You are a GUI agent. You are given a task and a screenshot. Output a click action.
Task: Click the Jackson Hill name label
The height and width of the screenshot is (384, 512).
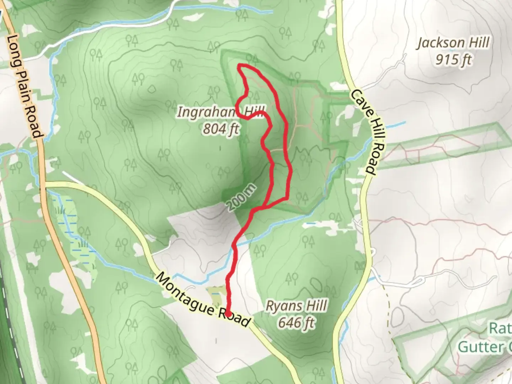pyautogui.click(x=453, y=43)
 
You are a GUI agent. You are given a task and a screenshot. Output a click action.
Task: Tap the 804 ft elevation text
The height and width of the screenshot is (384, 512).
pyautogui.click(x=220, y=129)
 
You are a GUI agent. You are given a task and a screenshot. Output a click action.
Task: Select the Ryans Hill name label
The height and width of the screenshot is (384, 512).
pyautogui.click(x=296, y=306)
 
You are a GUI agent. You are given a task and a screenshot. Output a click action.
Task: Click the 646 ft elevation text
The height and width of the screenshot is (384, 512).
pyautogui.click(x=296, y=323)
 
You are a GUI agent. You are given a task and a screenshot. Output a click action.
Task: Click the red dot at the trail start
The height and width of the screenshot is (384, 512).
pyautogui.click(x=228, y=313)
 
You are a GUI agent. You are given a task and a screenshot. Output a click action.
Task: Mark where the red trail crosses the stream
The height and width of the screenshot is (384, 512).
pyautogui.click(x=235, y=246)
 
